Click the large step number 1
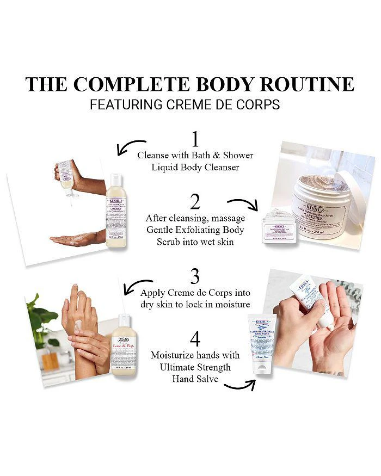(195, 137)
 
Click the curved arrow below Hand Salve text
(239, 385)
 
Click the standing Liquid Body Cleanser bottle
(116, 211)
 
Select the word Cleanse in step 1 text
(153, 155)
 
